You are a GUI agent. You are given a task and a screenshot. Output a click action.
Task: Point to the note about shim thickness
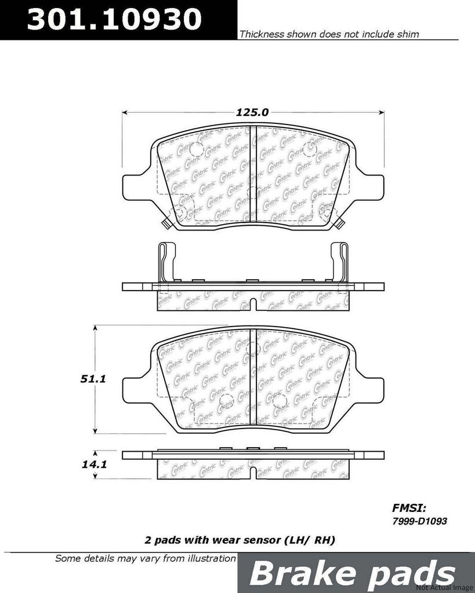point(329,35)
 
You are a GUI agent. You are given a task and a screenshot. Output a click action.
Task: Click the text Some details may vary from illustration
point(145,559)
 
